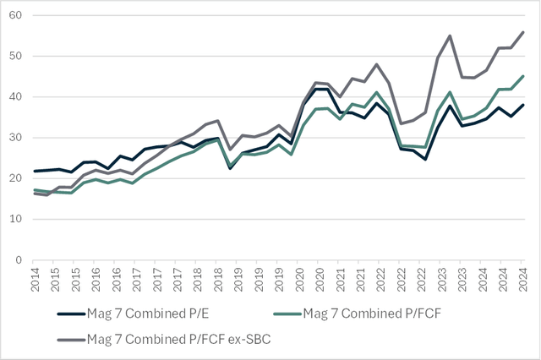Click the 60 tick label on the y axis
tap(16, 16)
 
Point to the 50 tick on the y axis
tap(16, 57)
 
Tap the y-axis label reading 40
tap(16, 97)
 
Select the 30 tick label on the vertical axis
tap(16, 138)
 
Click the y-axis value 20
tap(16, 178)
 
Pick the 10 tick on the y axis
tap(16, 219)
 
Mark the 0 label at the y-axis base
tap(19, 259)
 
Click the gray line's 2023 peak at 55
tap(449, 35)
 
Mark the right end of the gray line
tap(523, 32)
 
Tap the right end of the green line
tap(523, 76)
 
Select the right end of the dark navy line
tap(523, 105)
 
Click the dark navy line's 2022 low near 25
tap(424, 159)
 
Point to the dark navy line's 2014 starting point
tap(34, 171)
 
